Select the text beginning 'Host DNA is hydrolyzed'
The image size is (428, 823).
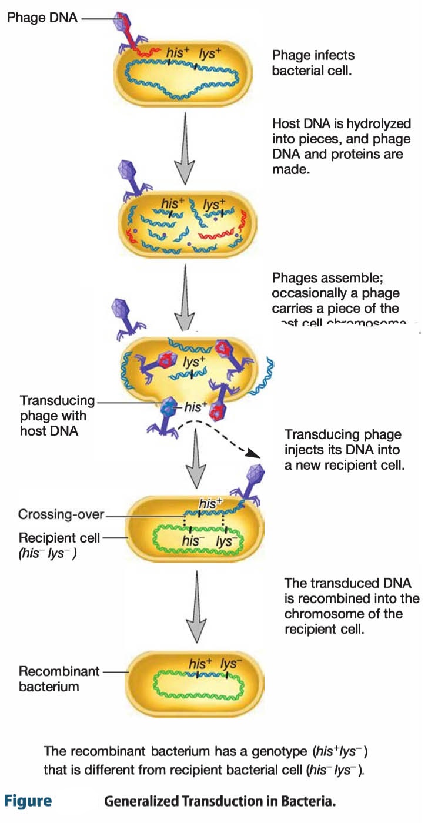click(x=341, y=146)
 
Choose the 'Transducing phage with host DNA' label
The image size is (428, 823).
click(x=57, y=416)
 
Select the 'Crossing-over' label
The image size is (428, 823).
click(x=61, y=514)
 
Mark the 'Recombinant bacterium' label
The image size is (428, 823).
click(x=59, y=678)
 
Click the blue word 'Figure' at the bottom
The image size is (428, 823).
click(x=28, y=801)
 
